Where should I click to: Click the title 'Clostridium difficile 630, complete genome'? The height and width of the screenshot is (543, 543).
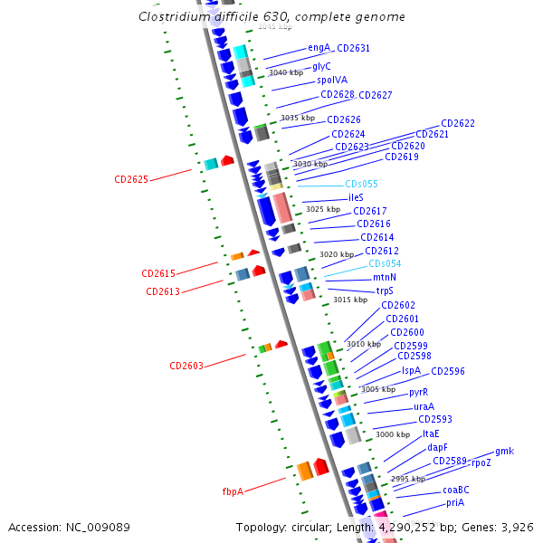coord(271,17)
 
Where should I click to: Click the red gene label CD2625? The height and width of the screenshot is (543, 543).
coord(131,179)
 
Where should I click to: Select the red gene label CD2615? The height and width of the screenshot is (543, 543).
coord(157,273)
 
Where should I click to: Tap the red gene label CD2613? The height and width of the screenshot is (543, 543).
coord(163,291)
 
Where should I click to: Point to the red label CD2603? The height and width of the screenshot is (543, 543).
coord(186,366)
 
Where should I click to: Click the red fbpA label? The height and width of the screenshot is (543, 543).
coord(233,491)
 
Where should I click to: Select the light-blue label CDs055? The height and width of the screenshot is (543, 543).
coord(361,184)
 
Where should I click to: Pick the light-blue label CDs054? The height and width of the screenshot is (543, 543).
coord(385,263)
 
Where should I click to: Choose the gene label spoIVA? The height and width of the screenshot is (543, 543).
coord(332,80)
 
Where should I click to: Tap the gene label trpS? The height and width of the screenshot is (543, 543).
coord(385,291)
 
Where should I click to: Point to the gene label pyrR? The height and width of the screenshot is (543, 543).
coord(418,392)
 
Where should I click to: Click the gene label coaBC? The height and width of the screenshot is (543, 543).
coord(455,490)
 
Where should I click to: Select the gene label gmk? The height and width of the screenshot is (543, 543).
coord(504,451)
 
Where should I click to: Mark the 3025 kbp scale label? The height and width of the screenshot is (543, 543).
coord(323,209)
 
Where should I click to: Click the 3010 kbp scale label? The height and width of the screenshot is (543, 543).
coord(364,344)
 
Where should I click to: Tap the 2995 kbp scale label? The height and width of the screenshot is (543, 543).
coord(407,478)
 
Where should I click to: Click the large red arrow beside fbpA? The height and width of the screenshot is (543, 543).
coord(321,466)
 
